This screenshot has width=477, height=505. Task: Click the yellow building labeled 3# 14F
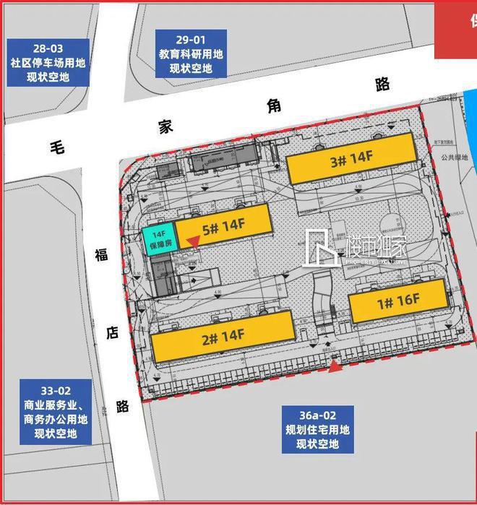352,163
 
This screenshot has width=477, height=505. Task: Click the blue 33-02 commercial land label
55,412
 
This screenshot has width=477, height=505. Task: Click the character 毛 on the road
56,146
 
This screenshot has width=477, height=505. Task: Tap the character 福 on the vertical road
100,254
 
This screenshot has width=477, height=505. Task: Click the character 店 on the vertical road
112,331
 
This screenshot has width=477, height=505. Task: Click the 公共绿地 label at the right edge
460,155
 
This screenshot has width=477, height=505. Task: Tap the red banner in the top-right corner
455,22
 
